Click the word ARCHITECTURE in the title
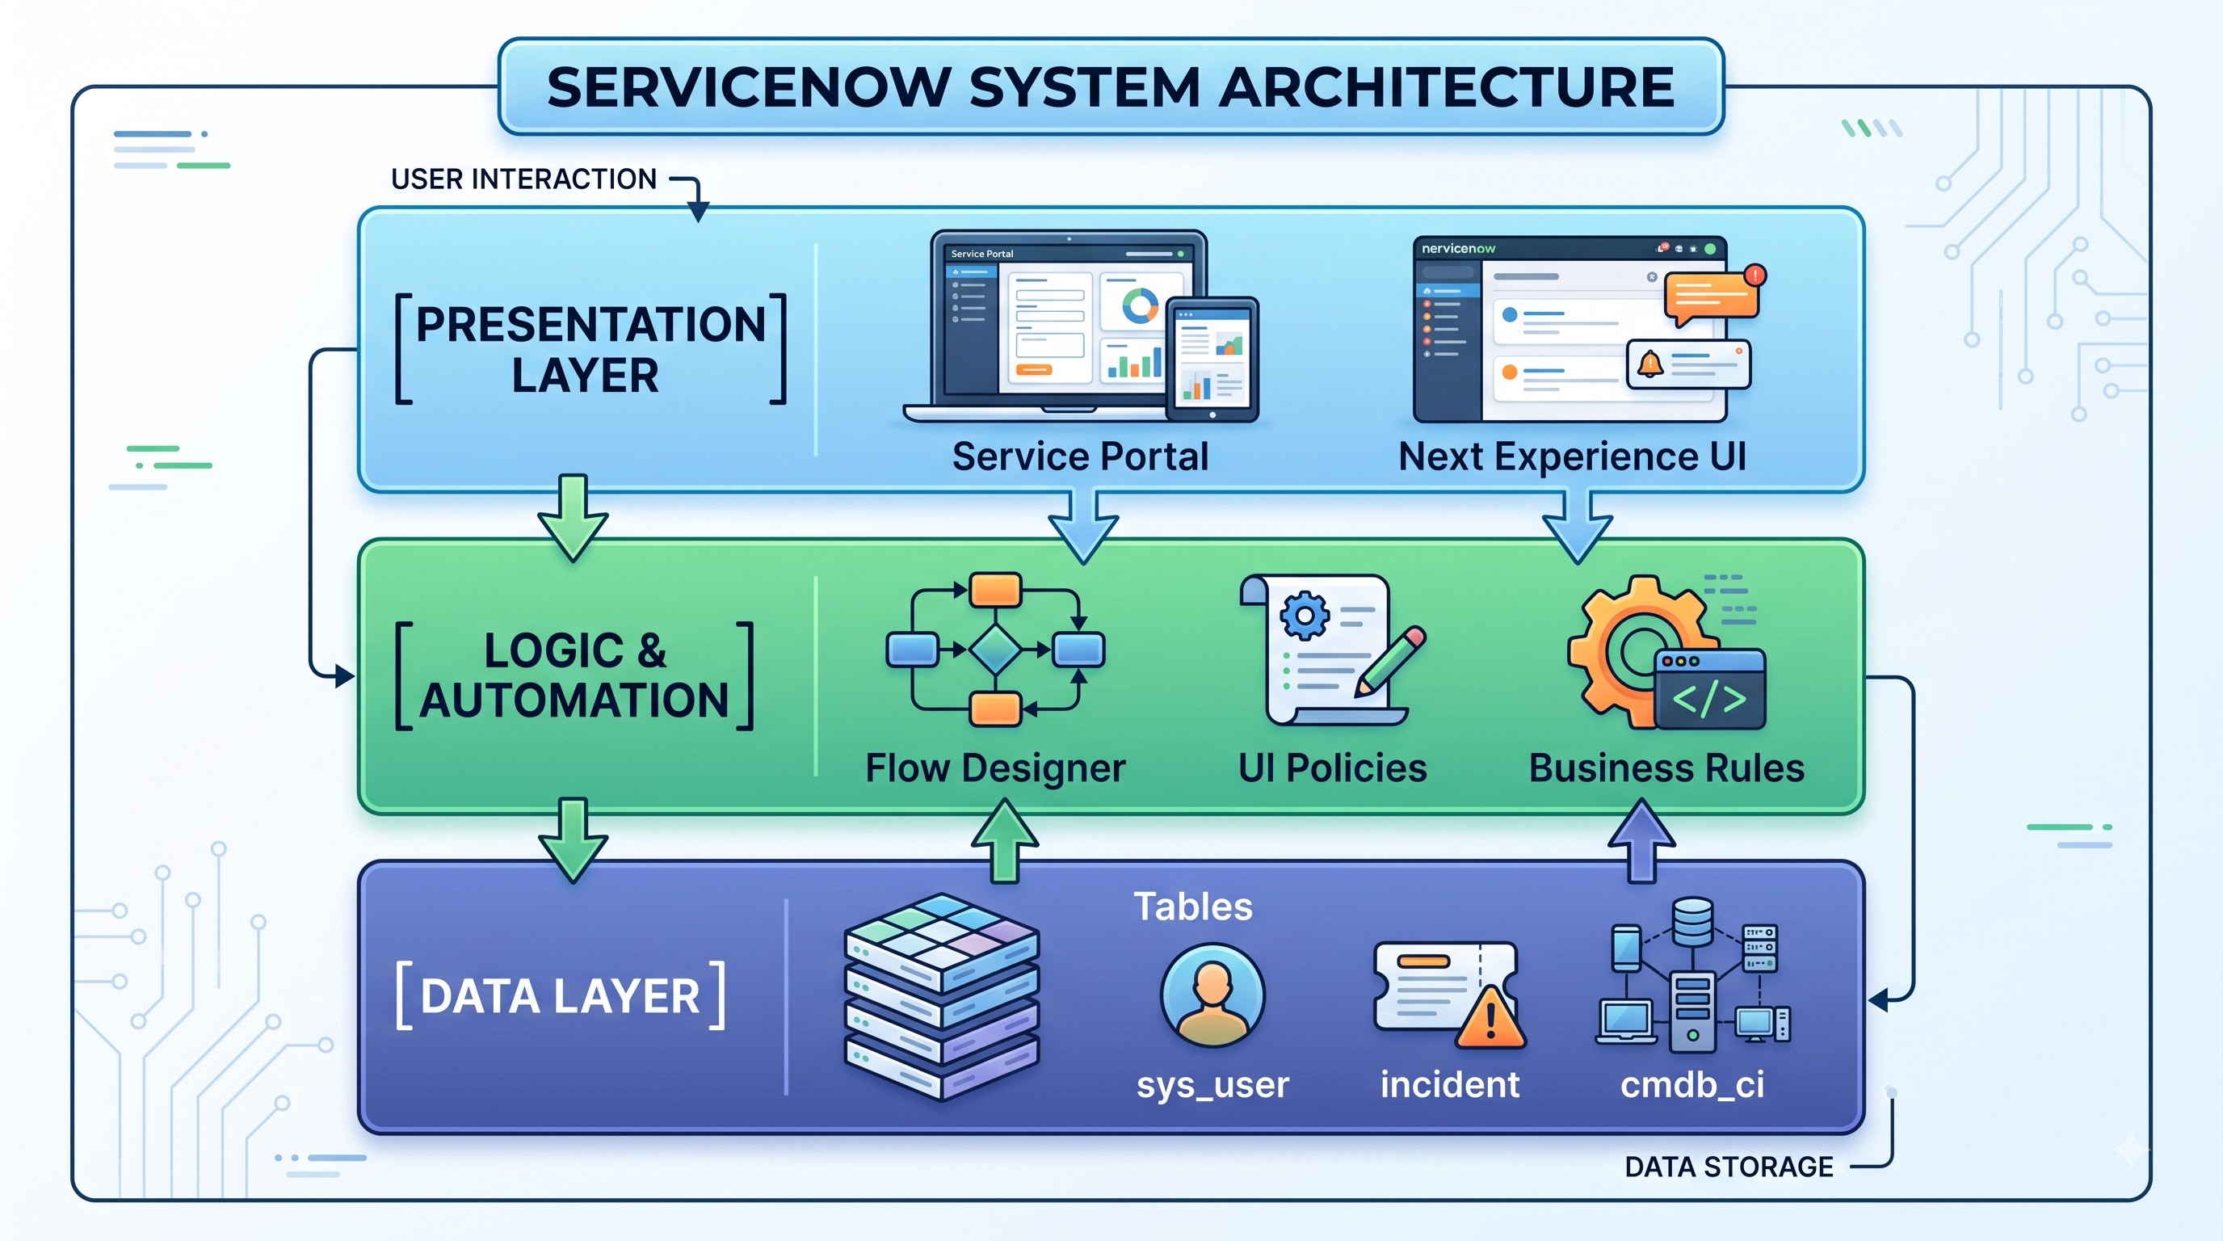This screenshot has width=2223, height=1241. [x=1447, y=87]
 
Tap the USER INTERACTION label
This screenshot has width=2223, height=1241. [x=523, y=179]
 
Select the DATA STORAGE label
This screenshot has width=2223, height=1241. [x=1729, y=1167]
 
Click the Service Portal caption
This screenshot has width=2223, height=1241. [x=1079, y=456]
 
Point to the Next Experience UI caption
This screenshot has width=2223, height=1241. [x=1572, y=456]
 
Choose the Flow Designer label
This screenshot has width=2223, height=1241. [x=995, y=768]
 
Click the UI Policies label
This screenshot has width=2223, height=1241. [x=1332, y=768]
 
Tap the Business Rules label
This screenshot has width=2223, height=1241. [x=1666, y=768]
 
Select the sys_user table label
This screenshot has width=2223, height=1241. [x=1212, y=1085]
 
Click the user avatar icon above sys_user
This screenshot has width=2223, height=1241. [x=1212, y=995]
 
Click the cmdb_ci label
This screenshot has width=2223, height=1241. [x=1692, y=1085]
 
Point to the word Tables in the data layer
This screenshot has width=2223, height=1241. [x=1192, y=907]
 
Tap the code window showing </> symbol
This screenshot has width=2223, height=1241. [x=1709, y=688]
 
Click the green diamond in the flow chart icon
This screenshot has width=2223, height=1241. [x=995, y=649]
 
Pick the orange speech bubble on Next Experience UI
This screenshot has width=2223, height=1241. [x=1711, y=297]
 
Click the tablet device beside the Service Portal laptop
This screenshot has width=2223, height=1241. [x=1212, y=359]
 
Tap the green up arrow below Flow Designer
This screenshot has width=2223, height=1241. [x=1005, y=839]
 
